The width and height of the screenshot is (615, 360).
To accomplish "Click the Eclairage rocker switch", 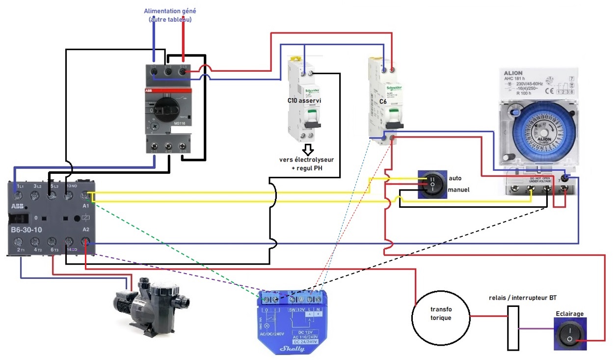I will point(570,334).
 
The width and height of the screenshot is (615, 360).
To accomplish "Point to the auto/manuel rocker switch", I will point(432,185).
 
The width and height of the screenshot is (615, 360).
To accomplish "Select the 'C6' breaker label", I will point(384,102).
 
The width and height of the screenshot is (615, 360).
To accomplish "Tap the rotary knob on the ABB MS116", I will point(162,106).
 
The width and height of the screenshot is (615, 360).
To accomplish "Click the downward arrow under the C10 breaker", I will point(308,149).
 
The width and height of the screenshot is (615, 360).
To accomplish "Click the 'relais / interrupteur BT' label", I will point(523,298).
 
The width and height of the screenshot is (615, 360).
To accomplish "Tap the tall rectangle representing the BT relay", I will point(513,328).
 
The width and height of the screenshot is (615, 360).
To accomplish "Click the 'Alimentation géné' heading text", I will point(170,11).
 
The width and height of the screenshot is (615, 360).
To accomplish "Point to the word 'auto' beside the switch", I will point(455,178).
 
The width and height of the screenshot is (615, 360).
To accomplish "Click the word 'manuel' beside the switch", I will point(459,189).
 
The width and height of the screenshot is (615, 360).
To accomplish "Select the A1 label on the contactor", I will point(87,207).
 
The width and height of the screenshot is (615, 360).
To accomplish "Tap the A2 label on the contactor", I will point(87,230).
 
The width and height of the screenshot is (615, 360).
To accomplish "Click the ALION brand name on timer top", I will point(514,73).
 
